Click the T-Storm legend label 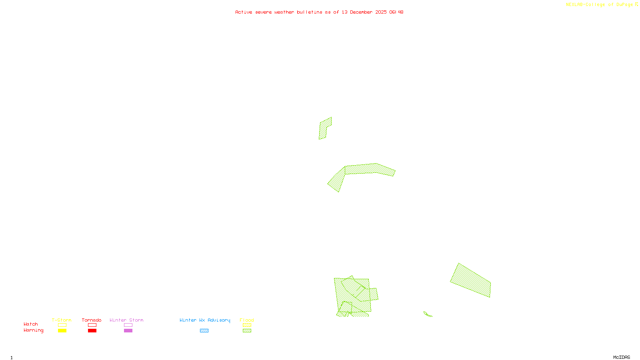click(x=62, y=320)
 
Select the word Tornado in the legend click(x=92, y=320)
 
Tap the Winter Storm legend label click(x=126, y=320)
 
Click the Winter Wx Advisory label click(x=205, y=320)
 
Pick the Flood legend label click(x=247, y=320)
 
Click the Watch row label click(x=31, y=324)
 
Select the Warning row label click(x=34, y=330)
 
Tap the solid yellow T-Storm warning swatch click(x=62, y=331)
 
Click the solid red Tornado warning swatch click(x=92, y=331)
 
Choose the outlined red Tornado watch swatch click(x=92, y=325)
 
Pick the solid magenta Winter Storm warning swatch click(x=128, y=331)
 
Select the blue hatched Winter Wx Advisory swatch click(x=204, y=331)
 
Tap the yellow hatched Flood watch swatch click(x=247, y=325)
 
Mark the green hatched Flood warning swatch click(x=247, y=331)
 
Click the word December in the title click(x=361, y=12)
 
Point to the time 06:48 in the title click(x=396, y=12)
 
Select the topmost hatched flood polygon click(x=324, y=128)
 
